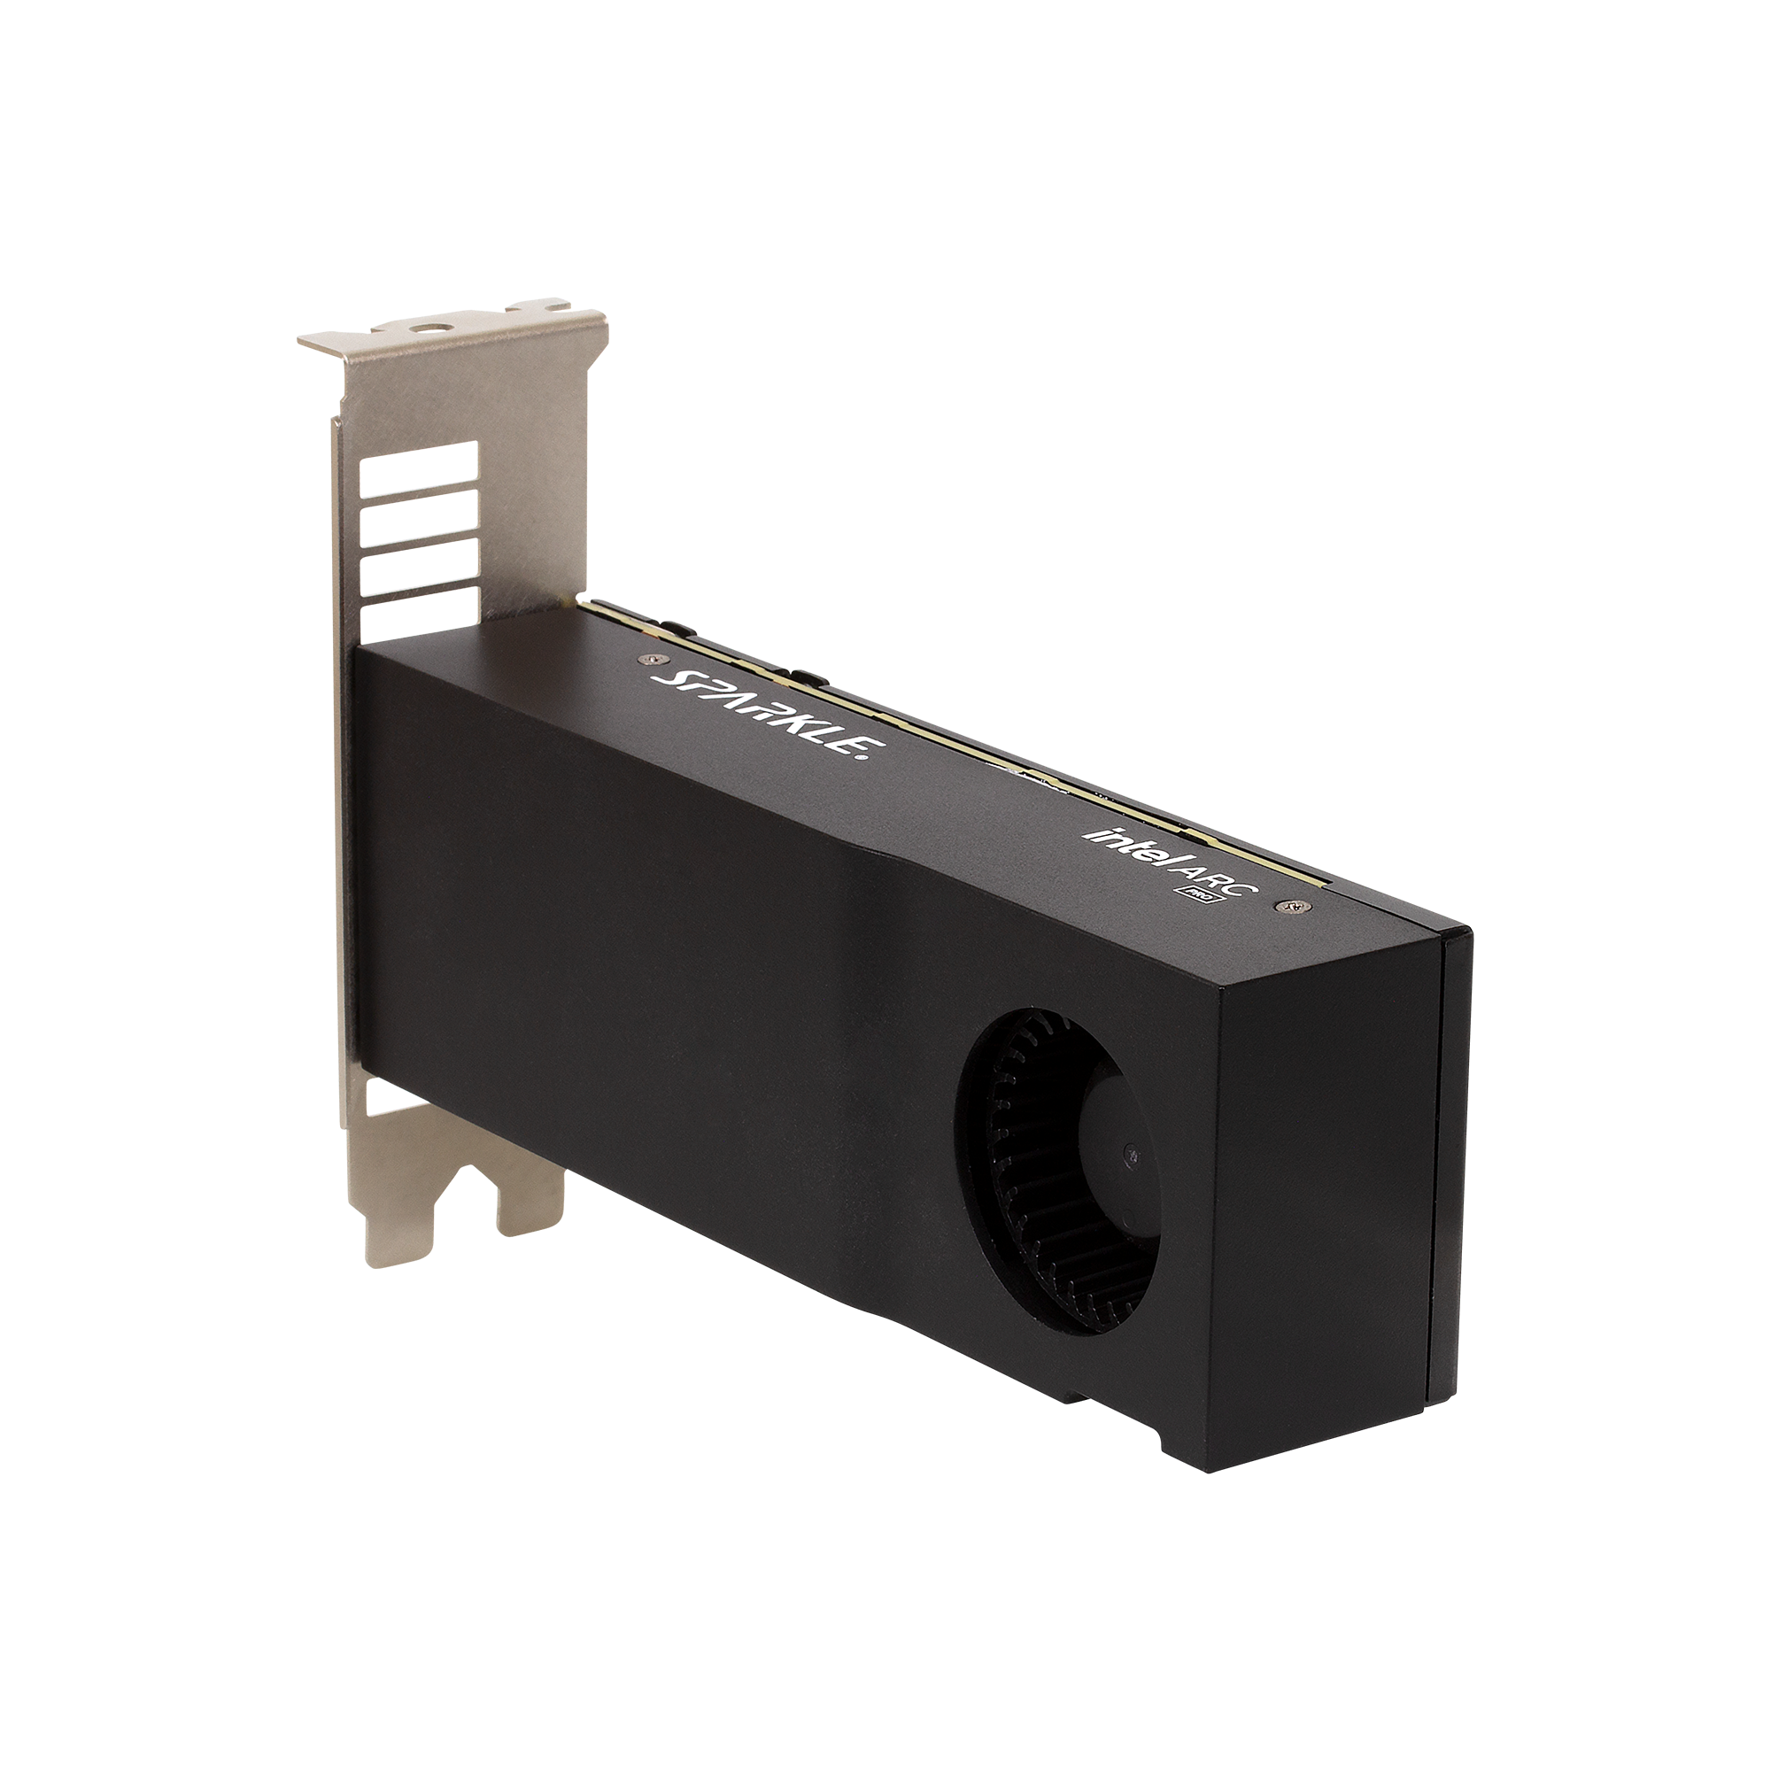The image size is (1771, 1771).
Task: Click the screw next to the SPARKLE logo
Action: point(652,657)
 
